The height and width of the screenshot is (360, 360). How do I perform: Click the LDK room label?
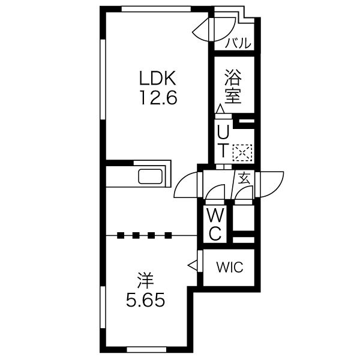158,78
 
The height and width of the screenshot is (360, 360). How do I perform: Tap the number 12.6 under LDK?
158,97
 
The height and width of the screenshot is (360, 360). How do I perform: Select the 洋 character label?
145,280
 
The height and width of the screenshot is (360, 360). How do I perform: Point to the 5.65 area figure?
145,300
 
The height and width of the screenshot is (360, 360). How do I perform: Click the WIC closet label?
230,268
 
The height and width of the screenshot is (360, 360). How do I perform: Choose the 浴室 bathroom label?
233,86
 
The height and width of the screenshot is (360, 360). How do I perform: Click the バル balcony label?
238,43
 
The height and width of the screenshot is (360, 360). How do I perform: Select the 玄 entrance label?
244,178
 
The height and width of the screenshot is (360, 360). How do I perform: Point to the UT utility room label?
223,142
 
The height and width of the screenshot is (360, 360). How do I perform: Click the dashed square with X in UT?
242,152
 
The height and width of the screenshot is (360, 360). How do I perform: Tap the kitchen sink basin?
151,176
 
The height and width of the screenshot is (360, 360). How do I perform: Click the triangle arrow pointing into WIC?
193,266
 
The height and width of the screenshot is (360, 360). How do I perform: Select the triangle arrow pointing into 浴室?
221,109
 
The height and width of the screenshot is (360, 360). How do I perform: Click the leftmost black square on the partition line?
121,236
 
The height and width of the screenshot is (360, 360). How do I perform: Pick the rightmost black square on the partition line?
168,236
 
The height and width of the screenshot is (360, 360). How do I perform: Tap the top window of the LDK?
156,9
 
